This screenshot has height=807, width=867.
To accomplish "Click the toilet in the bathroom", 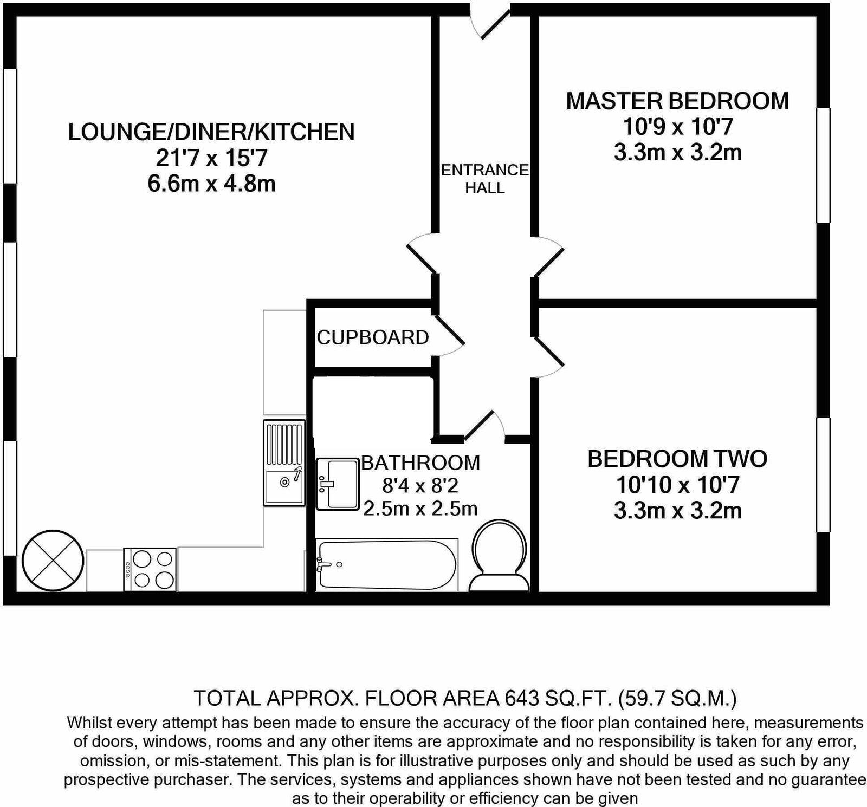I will (499, 555).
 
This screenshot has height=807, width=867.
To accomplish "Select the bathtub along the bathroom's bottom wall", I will (387, 565).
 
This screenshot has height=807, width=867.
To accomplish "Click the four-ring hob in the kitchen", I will (150, 570).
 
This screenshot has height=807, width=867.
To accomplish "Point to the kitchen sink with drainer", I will (284, 463).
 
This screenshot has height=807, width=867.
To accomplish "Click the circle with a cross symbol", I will (53, 561).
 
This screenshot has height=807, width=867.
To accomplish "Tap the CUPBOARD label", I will (373, 337).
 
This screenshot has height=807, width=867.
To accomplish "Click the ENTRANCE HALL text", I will (484, 179).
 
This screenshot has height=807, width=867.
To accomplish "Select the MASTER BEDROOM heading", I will (677, 101).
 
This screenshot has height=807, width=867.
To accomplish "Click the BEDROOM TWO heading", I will (677, 459).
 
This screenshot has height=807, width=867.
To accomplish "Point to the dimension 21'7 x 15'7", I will (211, 158).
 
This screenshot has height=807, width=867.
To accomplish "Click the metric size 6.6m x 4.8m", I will (211, 184).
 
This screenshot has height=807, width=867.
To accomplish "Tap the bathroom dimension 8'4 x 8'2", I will (420, 485).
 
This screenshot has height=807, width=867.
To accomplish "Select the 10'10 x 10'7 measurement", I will (677, 485).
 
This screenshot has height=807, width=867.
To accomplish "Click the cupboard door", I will (449, 337).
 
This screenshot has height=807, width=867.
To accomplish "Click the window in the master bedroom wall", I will (823, 165).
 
